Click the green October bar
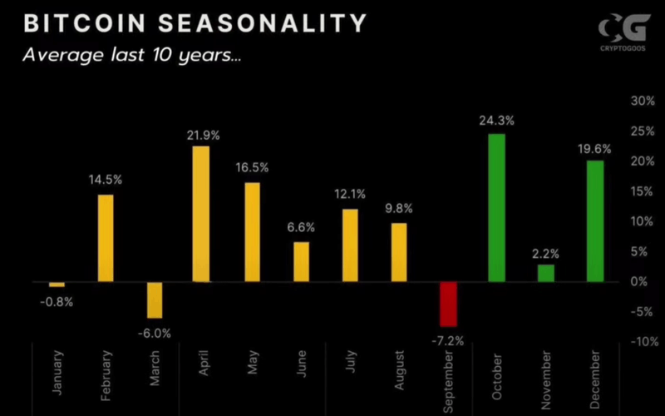pyautogui.click(x=496, y=207)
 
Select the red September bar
pyautogui.click(x=448, y=304)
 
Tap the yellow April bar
pyautogui.click(x=200, y=214)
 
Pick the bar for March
pyautogui.click(x=155, y=300)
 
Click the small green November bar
pyautogui.click(x=545, y=273)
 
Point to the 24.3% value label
pyautogui.click(x=496, y=121)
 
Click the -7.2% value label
pyautogui.click(x=448, y=340)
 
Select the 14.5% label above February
pyautogui.click(x=106, y=180)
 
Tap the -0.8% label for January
pyautogui.click(x=57, y=301)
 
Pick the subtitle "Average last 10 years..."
pyautogui.click(x=131, y=57)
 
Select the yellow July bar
pyautogui.click(x=350, y=245)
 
